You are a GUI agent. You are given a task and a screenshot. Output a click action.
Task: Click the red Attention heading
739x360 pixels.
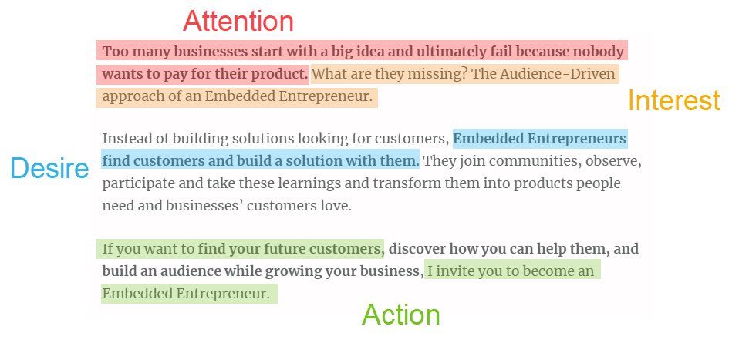pyautogui.click(x=238, y=22)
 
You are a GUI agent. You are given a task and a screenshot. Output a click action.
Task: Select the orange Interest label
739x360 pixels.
pyautogui.click(x=674, y=100)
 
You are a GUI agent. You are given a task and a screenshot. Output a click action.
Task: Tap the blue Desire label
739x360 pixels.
pyautogui.click(x=49, y=168)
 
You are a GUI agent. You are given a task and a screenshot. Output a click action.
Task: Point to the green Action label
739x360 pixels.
pyautogui.click(x=401, y=315)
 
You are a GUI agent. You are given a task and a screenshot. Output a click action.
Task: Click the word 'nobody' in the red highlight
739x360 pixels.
pyautogui.click(x=598, y=51)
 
